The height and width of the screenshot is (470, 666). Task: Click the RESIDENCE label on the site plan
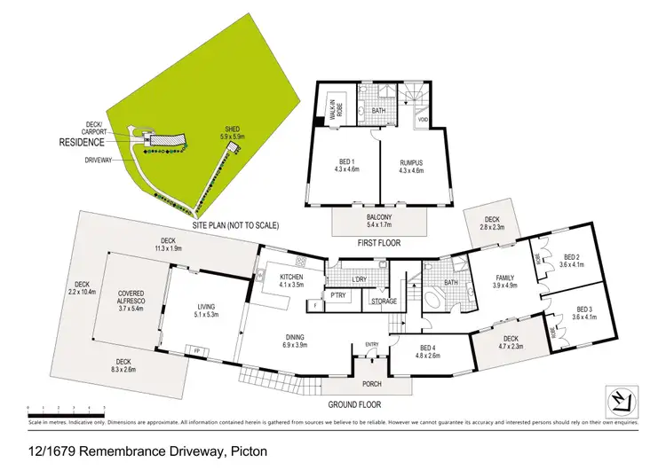(x=83, y=142)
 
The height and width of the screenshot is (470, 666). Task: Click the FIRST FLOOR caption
(x=378, y=242)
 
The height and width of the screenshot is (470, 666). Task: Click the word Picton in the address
(x=246, y=452)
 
